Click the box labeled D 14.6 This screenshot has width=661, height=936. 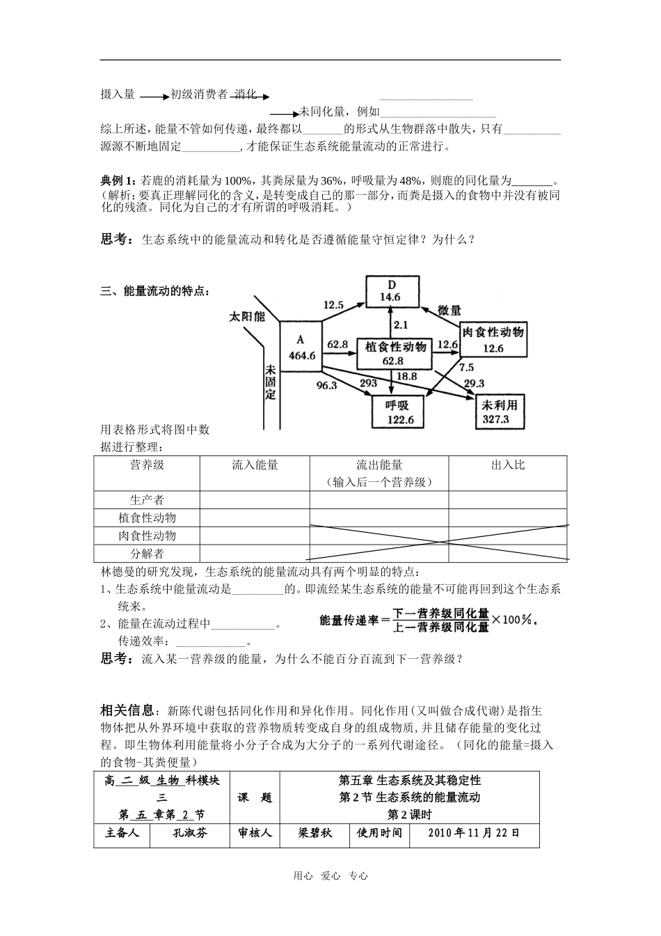(392, 291)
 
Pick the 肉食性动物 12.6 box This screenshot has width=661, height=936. (493, 340)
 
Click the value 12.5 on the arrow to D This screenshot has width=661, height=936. (334, 304)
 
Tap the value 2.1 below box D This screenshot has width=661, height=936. (401, 325)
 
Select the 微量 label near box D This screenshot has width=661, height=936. (449, 311)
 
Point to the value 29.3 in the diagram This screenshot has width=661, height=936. (474, 384)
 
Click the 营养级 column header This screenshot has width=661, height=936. (147, 465)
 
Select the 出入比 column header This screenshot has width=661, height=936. (508, 465)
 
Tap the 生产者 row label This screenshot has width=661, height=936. (147, 500)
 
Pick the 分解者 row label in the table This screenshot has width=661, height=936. (147, 554)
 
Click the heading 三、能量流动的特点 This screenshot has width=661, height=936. (154, 292)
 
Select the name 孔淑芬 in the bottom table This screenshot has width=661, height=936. (190, 833)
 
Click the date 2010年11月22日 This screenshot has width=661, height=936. (474, 833)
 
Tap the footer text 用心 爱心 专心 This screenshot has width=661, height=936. (330, 876)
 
